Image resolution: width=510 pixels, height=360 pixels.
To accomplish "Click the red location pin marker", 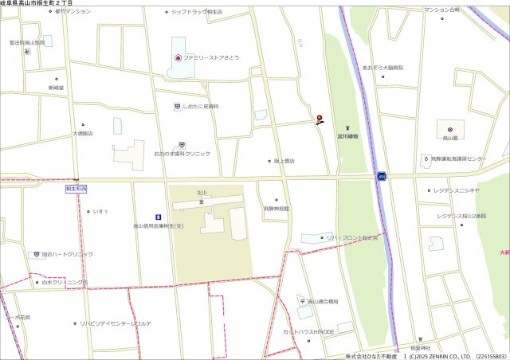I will (320, 119).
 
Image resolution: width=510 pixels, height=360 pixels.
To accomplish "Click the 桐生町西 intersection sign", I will (76, 190).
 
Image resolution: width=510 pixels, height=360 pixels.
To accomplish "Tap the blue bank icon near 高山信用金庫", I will (158, 217).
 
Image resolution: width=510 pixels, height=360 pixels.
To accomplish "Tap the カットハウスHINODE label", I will (308, 331).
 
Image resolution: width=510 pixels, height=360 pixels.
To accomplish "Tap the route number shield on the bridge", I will (382, 176).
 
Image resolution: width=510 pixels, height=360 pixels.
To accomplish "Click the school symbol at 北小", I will (202, 202).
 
